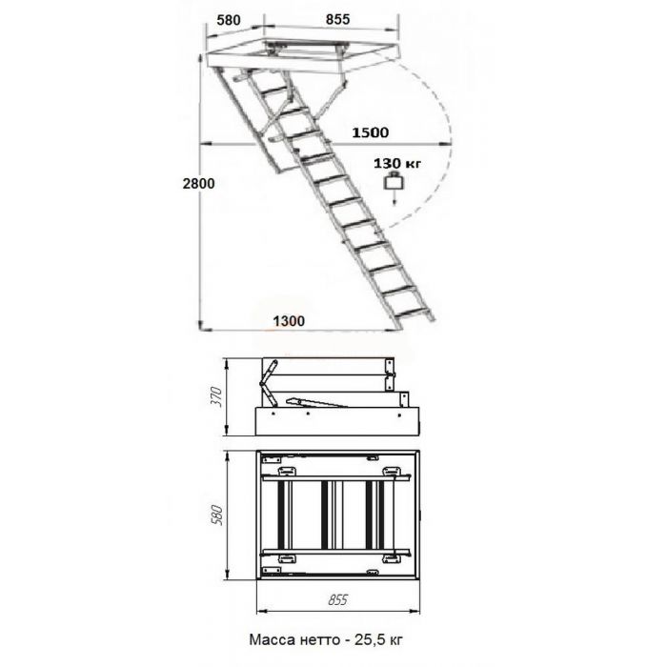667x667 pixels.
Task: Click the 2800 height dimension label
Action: tap(198, 184)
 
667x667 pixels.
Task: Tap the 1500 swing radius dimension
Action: tap(370, 132)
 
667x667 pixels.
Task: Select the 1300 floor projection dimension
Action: tap(289, 321)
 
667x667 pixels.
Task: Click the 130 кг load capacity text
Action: tap(397, 163)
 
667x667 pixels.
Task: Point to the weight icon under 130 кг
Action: tap(394, 182)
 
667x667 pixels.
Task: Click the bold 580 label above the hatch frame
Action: tap(229, 20)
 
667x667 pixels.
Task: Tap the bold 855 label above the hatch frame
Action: tap(337, 19)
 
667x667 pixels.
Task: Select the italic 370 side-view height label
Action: tap(216, 396)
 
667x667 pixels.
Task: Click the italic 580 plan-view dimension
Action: tap(216, 515)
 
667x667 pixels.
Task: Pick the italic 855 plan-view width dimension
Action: tap(337, 599)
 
